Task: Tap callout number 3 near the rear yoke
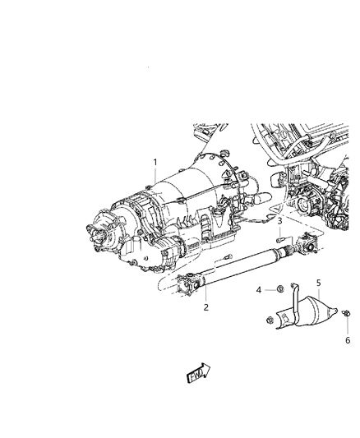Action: (279, 222)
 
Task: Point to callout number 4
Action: (258, 289)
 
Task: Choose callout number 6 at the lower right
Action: (347, 339)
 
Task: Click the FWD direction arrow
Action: (198, 375)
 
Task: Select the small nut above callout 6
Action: (345, 313)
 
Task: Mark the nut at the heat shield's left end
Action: (270, 321)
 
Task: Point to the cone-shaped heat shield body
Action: (316, 316)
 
